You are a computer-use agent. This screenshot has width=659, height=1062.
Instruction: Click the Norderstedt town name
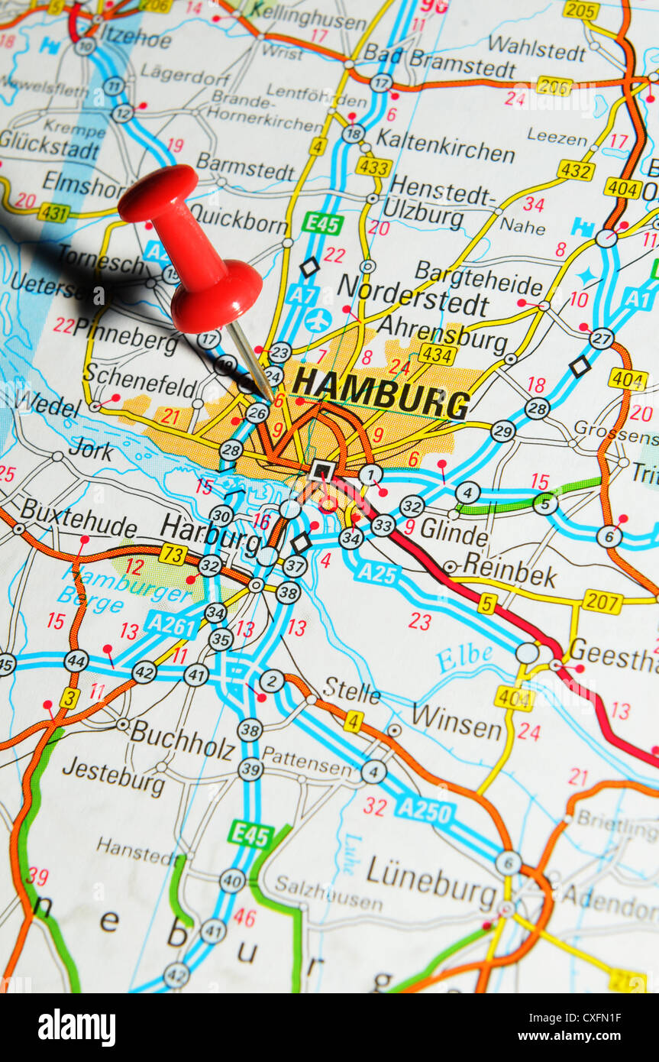point(412,296)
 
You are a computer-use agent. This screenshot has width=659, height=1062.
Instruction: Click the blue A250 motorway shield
point(425,810)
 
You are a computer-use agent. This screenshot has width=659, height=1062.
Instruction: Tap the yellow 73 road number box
point(173,553)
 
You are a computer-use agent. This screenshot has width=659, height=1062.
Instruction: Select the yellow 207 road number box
point(602,601)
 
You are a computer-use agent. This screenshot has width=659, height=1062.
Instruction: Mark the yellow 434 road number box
point(437,354)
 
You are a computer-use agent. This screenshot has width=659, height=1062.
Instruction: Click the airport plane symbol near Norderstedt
point(318,320)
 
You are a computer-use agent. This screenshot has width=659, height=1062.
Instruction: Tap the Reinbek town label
point(509,570)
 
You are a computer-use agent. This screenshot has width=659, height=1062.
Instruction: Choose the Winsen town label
point(457,720)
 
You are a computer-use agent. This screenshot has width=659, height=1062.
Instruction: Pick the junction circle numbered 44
point(76,661)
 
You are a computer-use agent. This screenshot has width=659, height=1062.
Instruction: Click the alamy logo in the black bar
point(76,1028)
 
